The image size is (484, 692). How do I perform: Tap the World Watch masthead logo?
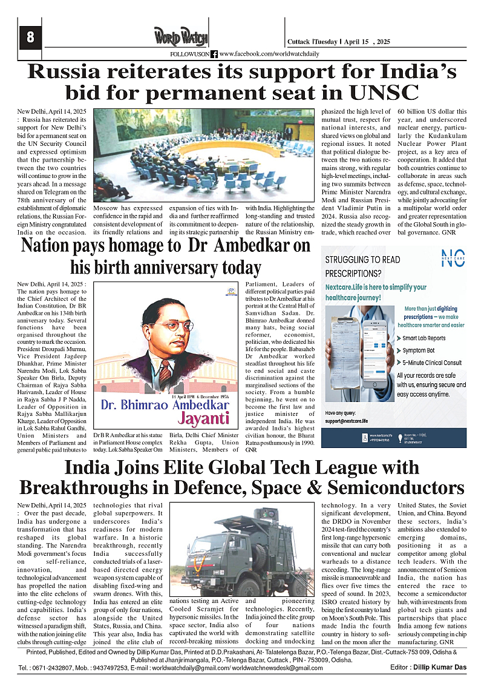pos(180,36)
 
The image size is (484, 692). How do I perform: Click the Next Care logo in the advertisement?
pos(453,258)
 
